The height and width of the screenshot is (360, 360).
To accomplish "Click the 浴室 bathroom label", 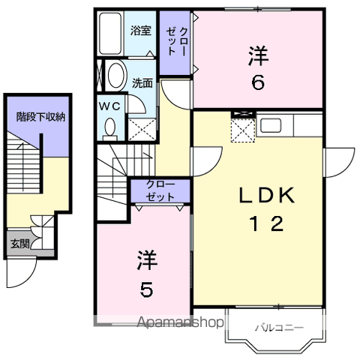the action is coord(141,31).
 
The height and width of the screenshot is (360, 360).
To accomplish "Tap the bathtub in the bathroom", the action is coord(110,34).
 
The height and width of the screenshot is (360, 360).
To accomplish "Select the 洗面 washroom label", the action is coord(142,83).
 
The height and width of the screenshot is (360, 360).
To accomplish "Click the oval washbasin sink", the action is coord(116,75).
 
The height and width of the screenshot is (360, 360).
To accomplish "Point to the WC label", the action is coord(110,106).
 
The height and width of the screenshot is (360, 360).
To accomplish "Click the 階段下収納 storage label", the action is coord(40,117).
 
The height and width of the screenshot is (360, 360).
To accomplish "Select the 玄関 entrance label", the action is coord(19,244).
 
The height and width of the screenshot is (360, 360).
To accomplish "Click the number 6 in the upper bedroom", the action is coord(258,82).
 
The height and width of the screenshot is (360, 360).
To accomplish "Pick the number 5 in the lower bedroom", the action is coord(146,289).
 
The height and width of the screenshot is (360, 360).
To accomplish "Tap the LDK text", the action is coord(266,195).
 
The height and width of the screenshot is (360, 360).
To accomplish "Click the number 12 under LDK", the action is coord(266,223).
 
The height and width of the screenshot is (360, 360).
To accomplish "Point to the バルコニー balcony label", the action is coord(279,328).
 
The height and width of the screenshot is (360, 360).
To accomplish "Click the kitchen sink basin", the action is coord(271,125).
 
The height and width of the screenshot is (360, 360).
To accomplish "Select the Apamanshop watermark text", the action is coord(180,322).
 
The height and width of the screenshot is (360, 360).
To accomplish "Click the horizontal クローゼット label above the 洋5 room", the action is coord(160,190).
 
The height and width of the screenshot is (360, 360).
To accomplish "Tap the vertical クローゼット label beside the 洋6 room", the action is coord(176,42).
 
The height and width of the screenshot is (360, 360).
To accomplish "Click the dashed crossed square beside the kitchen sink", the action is coord(243,130).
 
